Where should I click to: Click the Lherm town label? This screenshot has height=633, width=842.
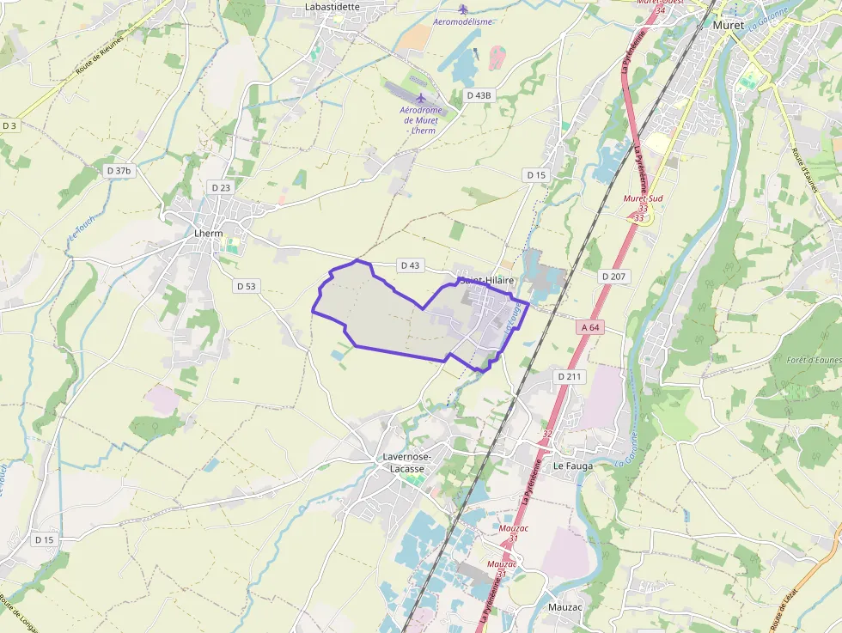[x=209, y=233]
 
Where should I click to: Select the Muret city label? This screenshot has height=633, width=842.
[x=729, y=25]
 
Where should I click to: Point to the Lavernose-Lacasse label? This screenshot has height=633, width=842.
[x=408, y=463]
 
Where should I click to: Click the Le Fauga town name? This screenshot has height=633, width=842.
[x=573, y=466]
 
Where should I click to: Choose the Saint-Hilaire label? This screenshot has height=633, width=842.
[x=487, y=281]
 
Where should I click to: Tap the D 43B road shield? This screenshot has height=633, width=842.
[x=479, y=95]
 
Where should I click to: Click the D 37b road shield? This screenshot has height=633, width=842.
[x=119, y=171]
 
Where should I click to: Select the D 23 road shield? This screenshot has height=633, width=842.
[x=221, y=187]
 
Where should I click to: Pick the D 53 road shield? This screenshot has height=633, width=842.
[x=246, y=286]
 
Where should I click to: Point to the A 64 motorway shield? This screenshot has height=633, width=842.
[x=590, y=327]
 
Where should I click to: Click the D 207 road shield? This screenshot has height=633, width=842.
[x=613, y=276]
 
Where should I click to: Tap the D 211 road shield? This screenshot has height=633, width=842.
[x=570, y=376]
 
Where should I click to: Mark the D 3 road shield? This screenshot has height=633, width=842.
[x=9, y=125]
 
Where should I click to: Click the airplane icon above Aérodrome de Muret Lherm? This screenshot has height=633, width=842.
[x=420, y=98]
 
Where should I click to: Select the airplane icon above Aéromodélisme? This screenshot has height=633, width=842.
[x=463, y=9]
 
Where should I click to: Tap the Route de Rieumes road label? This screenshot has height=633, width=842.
[x=100, y=53]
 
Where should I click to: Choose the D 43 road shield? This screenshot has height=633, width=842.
[x=410, y=265]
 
